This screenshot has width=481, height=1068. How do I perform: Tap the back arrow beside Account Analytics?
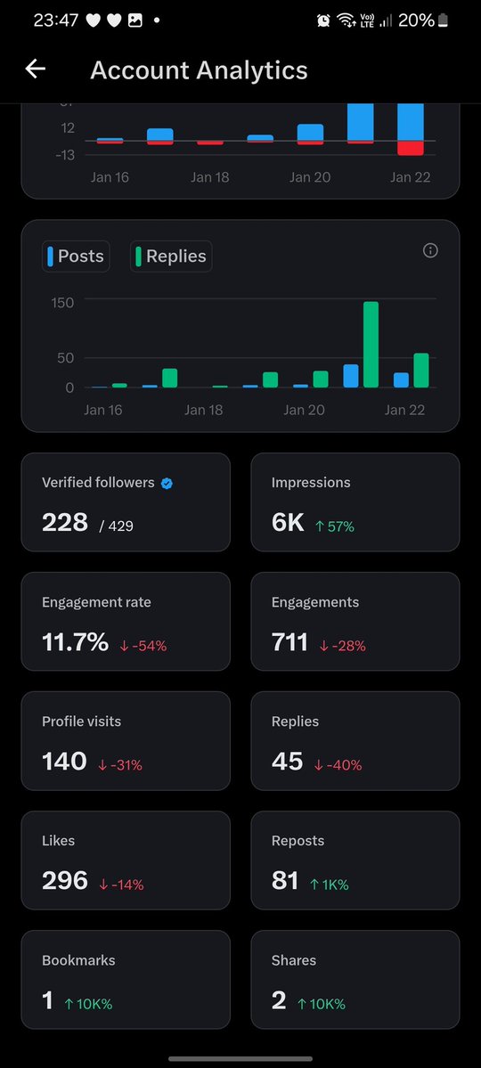point(35,69)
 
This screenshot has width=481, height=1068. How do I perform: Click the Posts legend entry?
point(76,257)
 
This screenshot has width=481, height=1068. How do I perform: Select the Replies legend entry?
point(171,257)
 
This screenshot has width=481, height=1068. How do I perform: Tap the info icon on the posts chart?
point(430,251)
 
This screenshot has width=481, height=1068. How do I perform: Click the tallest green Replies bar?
point(371,345)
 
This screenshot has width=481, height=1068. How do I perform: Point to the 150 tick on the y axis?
point(62,303)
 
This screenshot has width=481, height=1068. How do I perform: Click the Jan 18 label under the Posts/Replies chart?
point(203,410)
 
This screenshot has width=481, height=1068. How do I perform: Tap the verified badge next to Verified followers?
point(167,483)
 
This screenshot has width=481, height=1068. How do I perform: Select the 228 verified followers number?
point(65,523)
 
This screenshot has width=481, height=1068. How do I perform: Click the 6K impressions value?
point(288,523)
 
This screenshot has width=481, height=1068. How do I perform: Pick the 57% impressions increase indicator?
point(335,526)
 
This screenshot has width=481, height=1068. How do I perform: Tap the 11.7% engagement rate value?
point(75,642)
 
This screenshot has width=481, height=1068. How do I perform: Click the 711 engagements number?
point(289,642)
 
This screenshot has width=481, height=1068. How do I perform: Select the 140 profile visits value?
point(64,762)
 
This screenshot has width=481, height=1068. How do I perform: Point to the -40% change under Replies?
point(338,765)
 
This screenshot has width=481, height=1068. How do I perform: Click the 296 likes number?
point(65,881)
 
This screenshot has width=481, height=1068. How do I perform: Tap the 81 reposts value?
point(285,881)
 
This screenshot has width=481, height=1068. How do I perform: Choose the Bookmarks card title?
point(78,960)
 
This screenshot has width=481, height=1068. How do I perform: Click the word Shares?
point(294,960)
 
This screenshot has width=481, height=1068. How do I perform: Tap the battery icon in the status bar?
point(444,20)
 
